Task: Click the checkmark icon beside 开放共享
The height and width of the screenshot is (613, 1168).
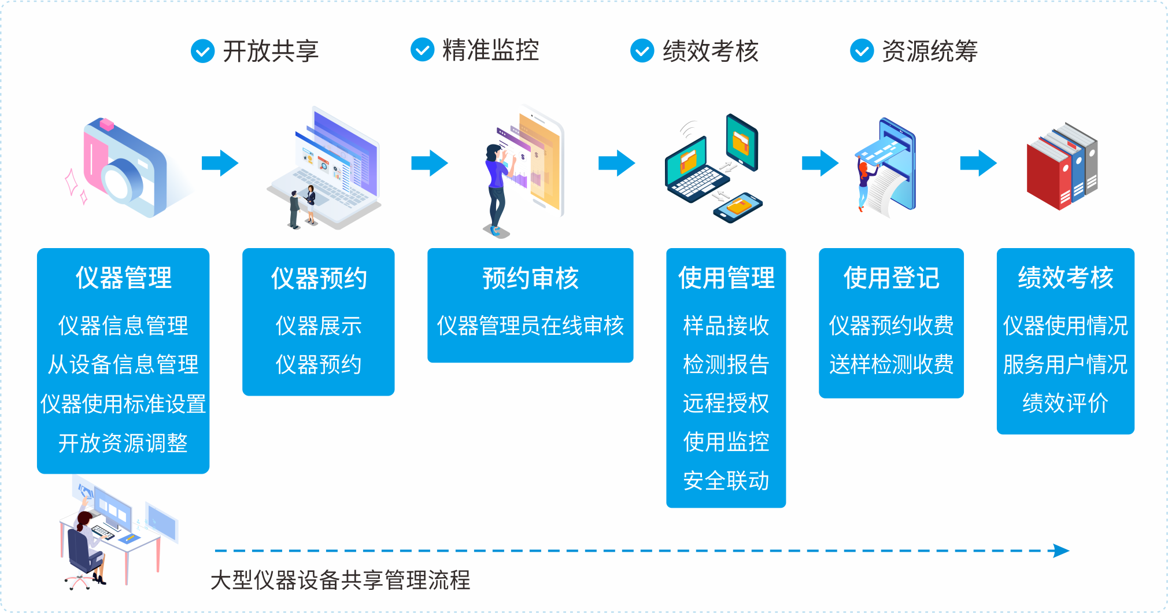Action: point(202,51)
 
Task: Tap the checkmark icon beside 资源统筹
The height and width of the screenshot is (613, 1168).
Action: point(862,51)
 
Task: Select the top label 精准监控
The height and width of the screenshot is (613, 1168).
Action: point(490,50)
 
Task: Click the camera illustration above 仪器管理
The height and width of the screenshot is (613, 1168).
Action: point(127,168)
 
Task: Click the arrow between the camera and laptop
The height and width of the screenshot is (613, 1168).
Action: point(220,163)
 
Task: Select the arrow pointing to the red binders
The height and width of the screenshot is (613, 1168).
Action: point(978,163)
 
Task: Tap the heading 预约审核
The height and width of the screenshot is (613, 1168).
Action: point(530,278)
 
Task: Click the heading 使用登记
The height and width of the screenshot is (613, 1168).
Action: point(891,278)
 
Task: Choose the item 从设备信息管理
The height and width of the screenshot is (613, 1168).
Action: point(123,364)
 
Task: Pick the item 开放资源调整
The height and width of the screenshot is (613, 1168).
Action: point(123,443)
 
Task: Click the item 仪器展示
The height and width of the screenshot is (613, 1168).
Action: point(319,326)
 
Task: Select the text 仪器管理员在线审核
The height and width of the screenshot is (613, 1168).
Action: point(530,326)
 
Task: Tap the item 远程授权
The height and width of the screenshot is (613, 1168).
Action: point(726,403)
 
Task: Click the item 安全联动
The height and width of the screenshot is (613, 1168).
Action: point(726,481)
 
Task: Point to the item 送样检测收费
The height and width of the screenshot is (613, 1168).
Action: point(891,364)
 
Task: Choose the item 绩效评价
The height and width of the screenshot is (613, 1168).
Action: point(1065,403)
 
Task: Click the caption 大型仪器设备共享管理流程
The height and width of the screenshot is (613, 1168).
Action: point(341,580)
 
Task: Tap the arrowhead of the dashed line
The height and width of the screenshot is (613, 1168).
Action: point(1062,551)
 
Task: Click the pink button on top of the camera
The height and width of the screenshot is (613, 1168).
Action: point(106,124)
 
